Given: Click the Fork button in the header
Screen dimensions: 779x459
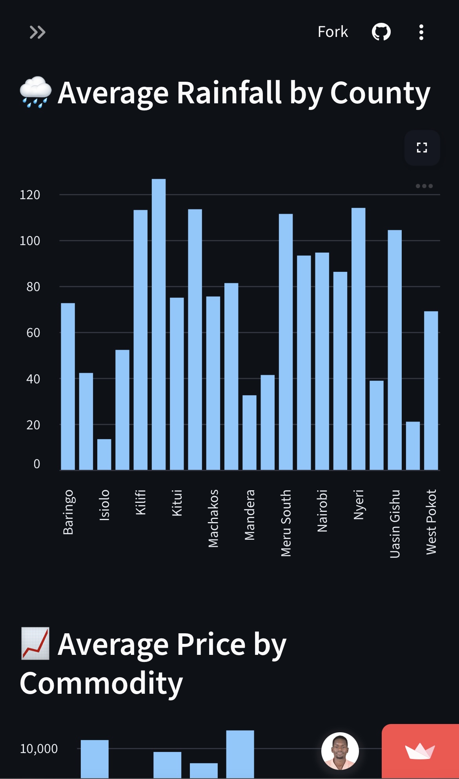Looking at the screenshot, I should coord(333,32).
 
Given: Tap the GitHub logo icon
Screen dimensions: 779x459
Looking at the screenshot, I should coord(381,32).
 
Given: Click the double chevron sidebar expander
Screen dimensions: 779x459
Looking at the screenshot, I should coord(38,32).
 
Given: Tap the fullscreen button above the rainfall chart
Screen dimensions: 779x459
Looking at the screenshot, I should coord(422,148).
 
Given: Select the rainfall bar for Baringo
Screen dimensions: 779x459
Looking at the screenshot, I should coord(68,387).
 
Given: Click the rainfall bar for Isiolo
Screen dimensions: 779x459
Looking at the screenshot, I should coord(104,455).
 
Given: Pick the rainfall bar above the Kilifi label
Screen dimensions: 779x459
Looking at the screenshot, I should coord(140,340).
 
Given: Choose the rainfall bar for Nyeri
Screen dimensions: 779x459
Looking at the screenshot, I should coord(359,339).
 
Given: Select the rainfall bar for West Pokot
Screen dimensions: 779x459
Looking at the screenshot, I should coord(431,390).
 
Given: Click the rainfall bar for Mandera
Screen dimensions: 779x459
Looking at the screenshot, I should coord(250,433).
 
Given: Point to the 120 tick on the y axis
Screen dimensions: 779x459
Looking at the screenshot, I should coord(30,195).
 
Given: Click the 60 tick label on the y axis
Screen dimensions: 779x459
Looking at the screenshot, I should coord(33,333).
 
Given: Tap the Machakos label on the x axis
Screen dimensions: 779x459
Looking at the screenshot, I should coord(213,518).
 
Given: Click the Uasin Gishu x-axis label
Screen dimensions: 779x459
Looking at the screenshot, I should coord(395,524).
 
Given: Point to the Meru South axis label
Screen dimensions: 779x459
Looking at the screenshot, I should coord(286,523).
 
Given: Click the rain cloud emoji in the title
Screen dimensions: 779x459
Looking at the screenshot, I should coord(35,92).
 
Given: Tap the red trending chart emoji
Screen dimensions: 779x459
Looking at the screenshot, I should coord(35,643).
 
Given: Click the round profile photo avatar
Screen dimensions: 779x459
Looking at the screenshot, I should coord(340,751).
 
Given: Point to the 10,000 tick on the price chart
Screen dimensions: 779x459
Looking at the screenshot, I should coord(39,749).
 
